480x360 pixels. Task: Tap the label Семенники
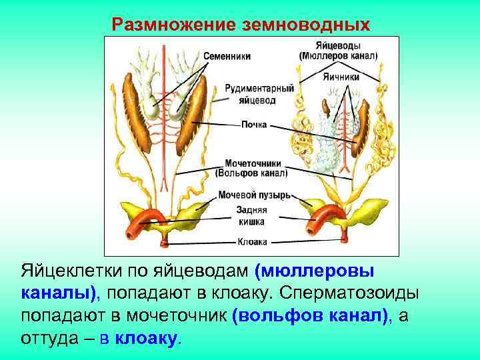[x=227, y=57]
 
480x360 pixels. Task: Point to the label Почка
[x=254, y=124]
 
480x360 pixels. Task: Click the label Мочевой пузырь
[x=254, y=195]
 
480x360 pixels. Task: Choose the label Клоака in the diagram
[x=253, y=241]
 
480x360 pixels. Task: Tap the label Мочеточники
[x=253, y=163]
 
